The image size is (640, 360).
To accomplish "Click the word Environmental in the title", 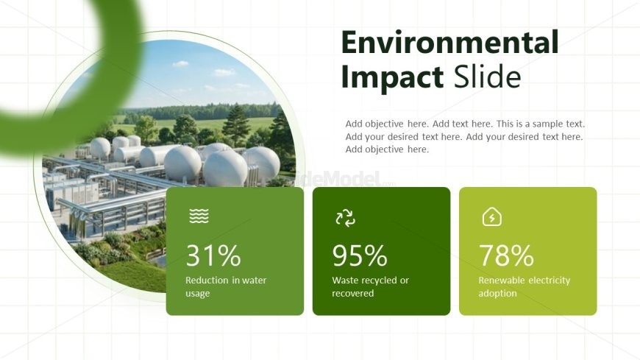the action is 449,42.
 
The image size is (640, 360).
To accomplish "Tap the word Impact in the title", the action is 392,77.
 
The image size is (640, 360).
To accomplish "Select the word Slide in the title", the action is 487,76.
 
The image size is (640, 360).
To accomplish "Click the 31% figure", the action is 213,255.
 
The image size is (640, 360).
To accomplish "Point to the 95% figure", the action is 360,255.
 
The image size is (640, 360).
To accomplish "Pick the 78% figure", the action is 506,255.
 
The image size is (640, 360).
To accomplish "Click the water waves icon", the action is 199,216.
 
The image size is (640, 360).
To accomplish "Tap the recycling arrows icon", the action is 345,218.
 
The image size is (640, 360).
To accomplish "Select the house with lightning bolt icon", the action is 492,216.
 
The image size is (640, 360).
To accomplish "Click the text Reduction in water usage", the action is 226,286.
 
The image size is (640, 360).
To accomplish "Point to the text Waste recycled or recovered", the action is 370,286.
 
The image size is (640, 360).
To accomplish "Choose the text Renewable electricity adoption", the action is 524,286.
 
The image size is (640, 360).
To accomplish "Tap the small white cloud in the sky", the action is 180,64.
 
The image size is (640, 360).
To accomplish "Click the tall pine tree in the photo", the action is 235,124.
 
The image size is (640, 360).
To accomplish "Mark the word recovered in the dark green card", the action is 352,294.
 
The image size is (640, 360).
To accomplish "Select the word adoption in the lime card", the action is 497,294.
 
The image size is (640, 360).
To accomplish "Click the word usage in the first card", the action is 198,294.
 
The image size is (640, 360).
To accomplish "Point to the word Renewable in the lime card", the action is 501,280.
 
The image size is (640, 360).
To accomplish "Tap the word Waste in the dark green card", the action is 345,280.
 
